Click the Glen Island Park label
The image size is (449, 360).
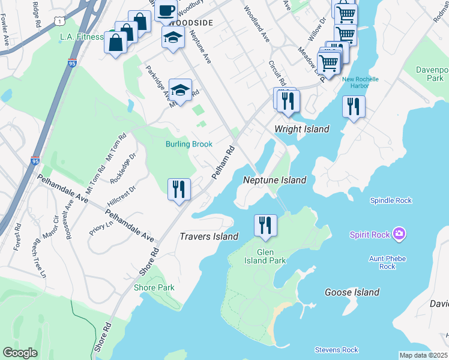pyautogui.click(x=265, y=256)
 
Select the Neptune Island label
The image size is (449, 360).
pyautogui.click(x=274, y=180)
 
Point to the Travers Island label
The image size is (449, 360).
pyautogui.click(x=209, y=236)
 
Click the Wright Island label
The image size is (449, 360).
pyautogui.click(x=302, y=129)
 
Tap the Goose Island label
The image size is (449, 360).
pyautogui.click(x=352, y=292)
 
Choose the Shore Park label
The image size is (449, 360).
pyautogui.click(x=154, y=287)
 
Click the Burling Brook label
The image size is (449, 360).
pyautogui.click(x=189, y=144)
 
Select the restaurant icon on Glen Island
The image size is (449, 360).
pyautogui.click(x=265, y=226)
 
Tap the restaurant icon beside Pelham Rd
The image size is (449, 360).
pyautogui.click(x=179, y=190)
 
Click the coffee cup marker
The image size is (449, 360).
pyautogui.click(x=166, y=10)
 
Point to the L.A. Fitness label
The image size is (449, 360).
pyautogui.click(x=82, y=37)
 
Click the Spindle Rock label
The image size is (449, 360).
pyautogui.click(x=391, y=200)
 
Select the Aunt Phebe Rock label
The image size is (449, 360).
pyautogui.click(x=387, y=262)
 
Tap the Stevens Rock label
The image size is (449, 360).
pyautogui.click(x=336, y=350)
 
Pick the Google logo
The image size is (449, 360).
pyautogui.click(x=20, y=353)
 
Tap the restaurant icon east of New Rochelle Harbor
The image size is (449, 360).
pyautogui.click(x=353, y=107)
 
